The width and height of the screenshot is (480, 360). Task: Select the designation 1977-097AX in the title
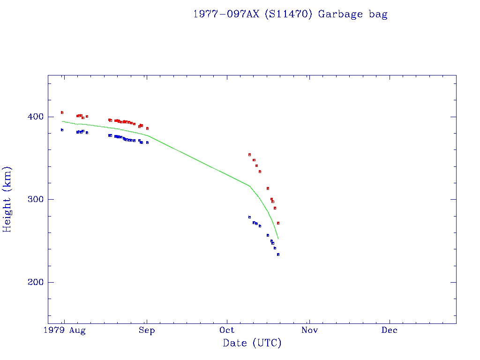click(x=226, y=14)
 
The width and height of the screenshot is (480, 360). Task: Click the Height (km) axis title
click(x=7, y=199)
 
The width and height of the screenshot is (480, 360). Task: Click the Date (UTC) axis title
click(x=252, y=343)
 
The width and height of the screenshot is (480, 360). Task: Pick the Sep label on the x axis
click(x=147, y=330)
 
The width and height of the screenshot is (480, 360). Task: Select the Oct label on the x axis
click(x=227, y=330)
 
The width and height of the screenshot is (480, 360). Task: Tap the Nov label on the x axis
click(x=309, y=330)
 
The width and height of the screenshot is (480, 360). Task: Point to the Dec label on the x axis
click(x=390, y=330)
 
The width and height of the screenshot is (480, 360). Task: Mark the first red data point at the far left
click(x=62, y=112)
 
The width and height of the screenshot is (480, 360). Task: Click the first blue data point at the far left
click(x=62, y=130)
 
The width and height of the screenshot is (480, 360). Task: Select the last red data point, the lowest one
click(x=278, y=223)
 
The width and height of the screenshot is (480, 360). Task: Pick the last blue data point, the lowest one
click(x=278, y=255)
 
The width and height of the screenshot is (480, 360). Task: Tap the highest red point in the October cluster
click(x=249, y=154)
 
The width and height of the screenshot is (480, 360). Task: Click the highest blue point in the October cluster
click(x=249, y=217)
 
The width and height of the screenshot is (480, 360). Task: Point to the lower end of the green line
click(x=278, y=239)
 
